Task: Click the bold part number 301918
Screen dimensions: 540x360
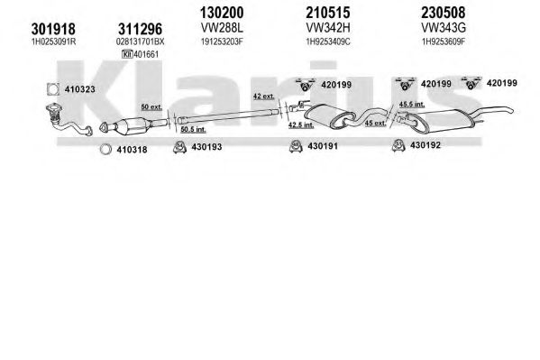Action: coord(53,29)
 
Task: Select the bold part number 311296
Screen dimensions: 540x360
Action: coord(140,29)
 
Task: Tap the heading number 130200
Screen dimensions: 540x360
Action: coord(222,13)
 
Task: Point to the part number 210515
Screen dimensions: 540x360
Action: coord(328,13)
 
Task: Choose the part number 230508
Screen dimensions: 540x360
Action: coord(444,13)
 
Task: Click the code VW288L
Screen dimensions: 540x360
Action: coord(222,28)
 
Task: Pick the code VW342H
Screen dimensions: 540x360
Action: coord(328,28)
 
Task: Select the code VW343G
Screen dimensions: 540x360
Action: coord(444,28)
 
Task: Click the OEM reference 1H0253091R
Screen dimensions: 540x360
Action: coord(53,42)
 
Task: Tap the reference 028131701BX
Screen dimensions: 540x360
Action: coord(140,42)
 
